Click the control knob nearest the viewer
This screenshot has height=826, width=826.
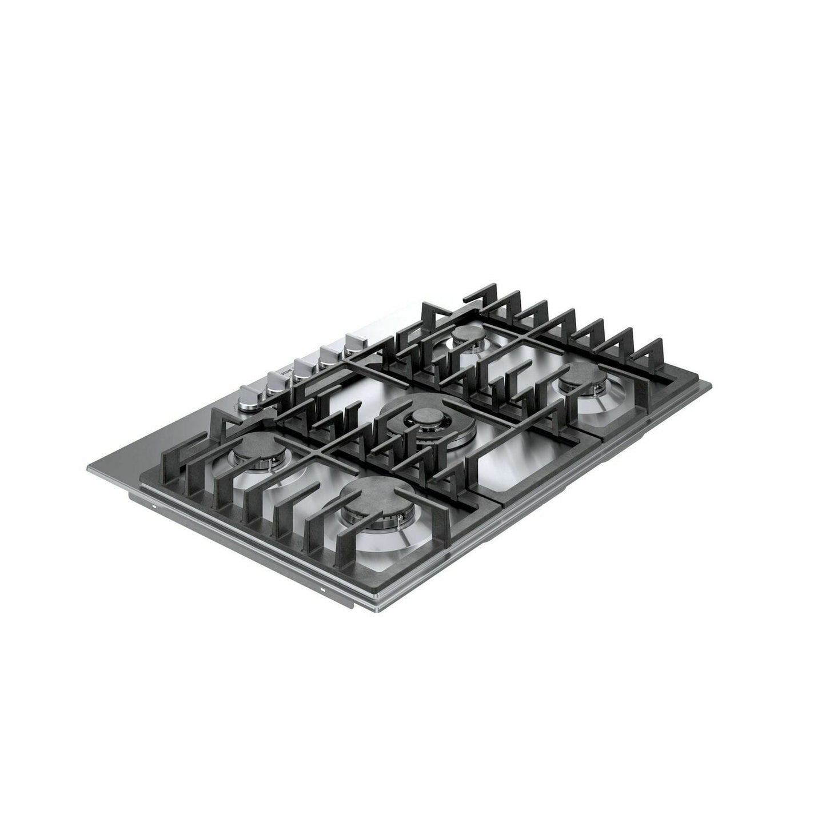pos(250,397)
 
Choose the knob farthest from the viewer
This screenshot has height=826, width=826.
pos(354,343)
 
